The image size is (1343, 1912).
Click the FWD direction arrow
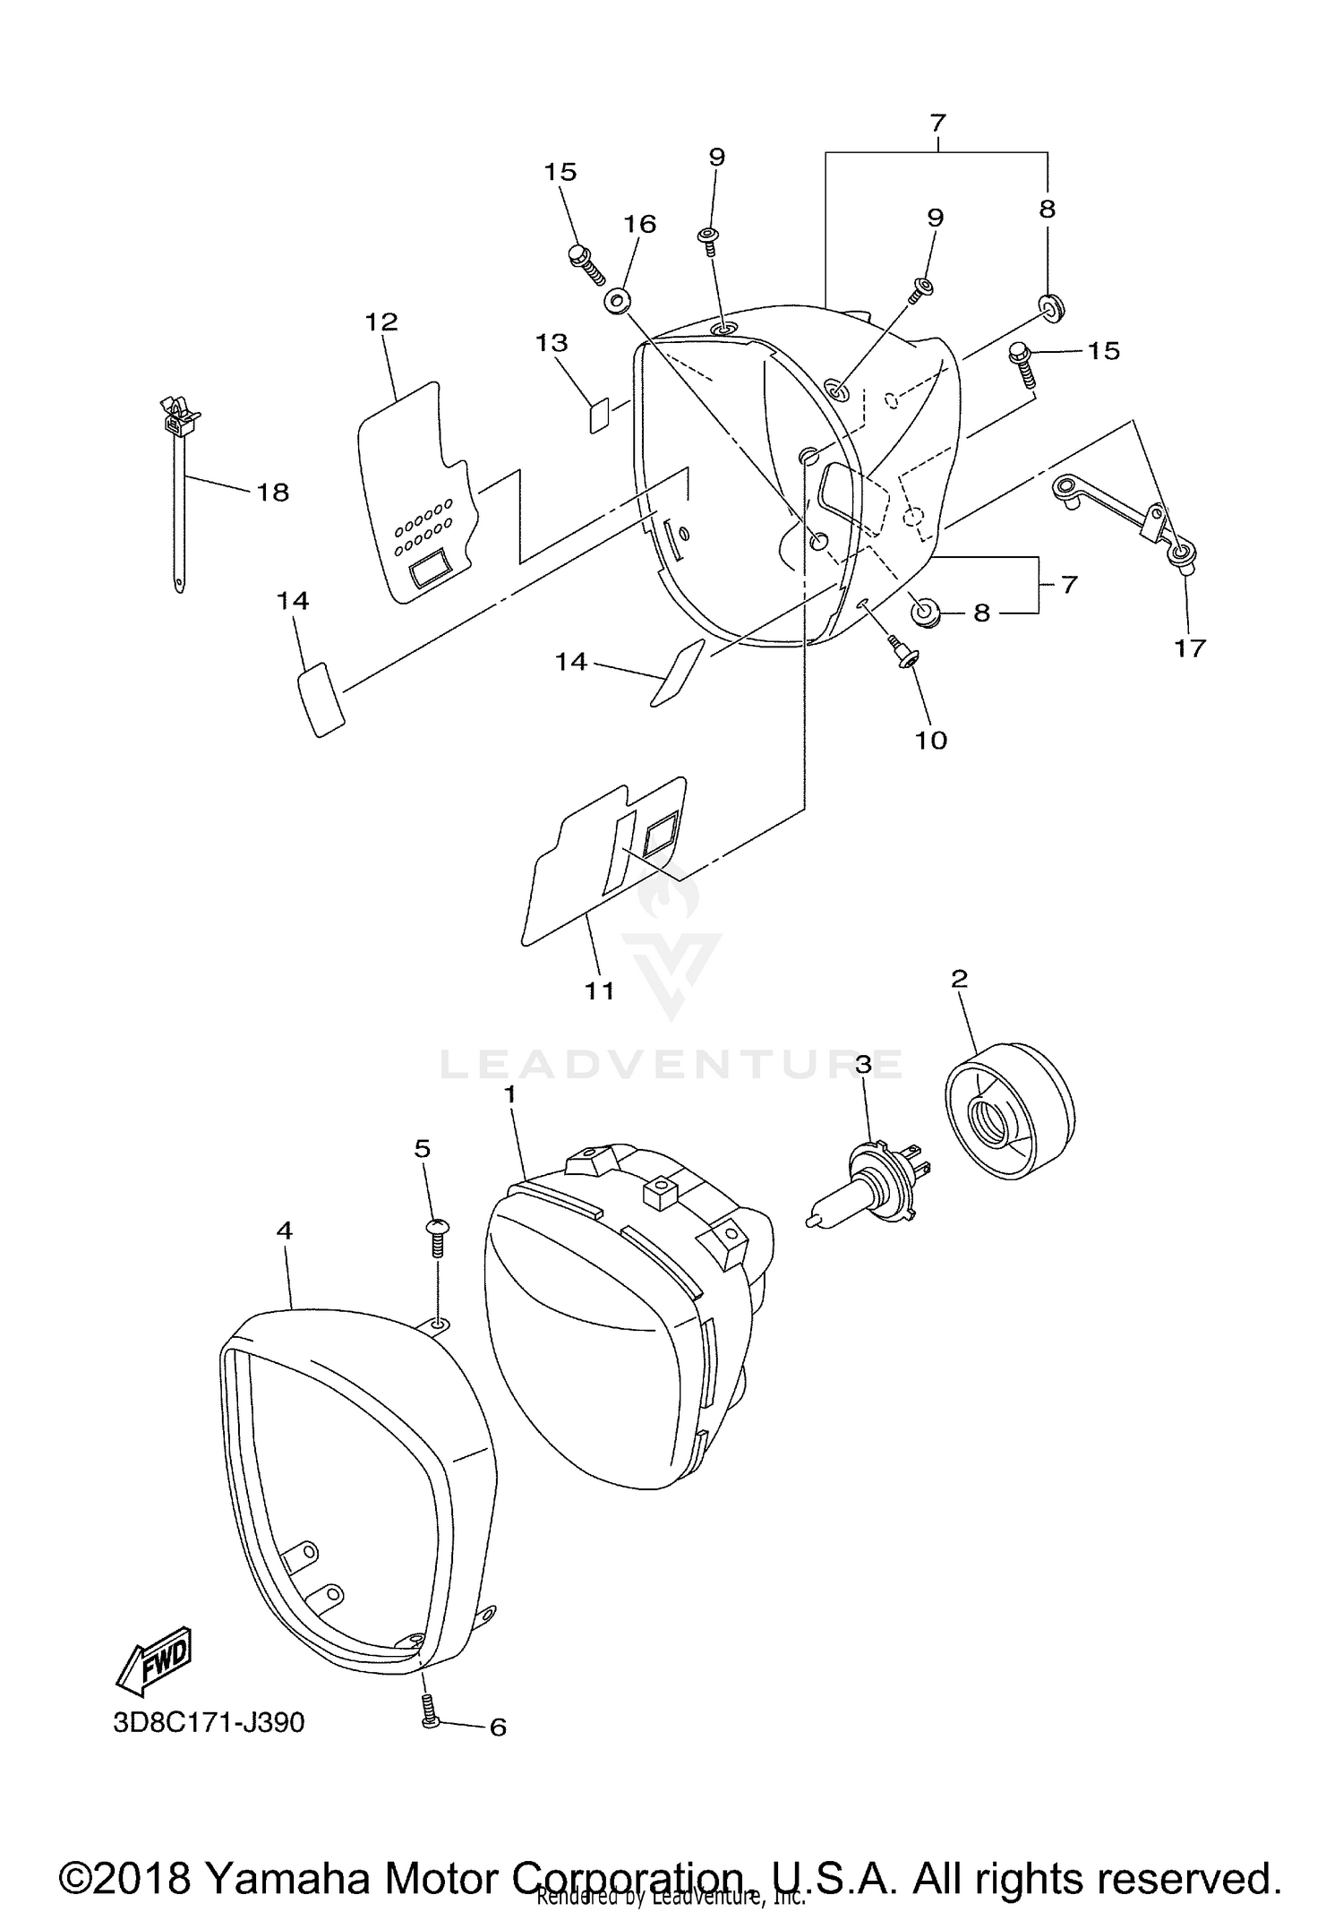(154, 1661)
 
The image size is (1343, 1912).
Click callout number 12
(382, 322)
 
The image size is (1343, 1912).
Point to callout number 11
(599, 990)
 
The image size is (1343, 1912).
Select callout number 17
(1191, 647)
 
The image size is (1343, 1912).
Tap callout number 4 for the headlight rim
(284, 1231)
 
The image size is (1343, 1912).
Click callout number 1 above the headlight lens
(509, 1093)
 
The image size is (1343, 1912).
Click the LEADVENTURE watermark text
(671, 1066)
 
